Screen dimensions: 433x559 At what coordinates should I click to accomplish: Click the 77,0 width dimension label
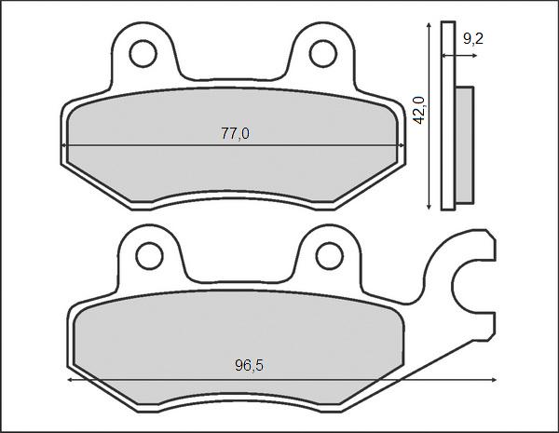[x=235, y=134]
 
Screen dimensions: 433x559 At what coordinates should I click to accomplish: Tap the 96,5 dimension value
[x=249, y=366]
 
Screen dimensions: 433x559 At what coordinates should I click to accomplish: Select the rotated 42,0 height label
[x=419, y=110]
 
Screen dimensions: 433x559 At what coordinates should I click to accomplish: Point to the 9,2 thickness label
[x=473, y=38]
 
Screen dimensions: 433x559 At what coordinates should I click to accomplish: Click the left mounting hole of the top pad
[x=143, y=54]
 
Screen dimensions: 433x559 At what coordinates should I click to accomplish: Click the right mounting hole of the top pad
[x=322, y=54]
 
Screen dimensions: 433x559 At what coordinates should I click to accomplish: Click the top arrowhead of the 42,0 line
[x=429, y=22]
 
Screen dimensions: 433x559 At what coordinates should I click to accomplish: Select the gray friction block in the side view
[x=464, y=144]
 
